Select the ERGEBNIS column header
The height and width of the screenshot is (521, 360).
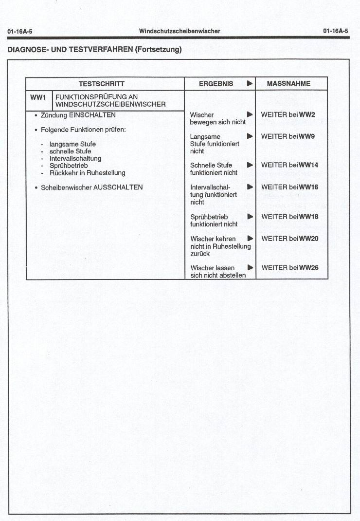tap(216, 84)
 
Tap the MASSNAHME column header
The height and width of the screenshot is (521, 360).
tap(288, 84)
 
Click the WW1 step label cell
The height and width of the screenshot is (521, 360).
tap(38, 97)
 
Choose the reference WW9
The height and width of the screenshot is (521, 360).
tap(307, 136)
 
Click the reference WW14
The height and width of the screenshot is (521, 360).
tap(308, 165)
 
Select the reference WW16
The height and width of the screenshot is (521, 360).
tap(308, 187)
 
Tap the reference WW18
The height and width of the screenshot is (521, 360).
tap(308, 217)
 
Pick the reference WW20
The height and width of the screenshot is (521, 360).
tap(308, 239)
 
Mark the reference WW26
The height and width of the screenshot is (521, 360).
tap(308, 268)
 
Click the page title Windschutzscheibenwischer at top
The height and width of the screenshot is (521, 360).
tap(180, 31)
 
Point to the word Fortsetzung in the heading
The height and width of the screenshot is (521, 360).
tap(158, 49)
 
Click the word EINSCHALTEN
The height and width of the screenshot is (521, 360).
tap(92, 115)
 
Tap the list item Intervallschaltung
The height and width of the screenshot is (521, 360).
tap(75, 159)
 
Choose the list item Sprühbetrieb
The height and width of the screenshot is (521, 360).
tap(69, 166)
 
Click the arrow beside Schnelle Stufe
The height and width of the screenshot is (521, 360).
tap(250, 165)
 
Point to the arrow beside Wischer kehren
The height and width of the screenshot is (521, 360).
tap(250, 239)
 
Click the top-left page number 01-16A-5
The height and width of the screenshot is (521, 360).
tap(20, 32)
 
